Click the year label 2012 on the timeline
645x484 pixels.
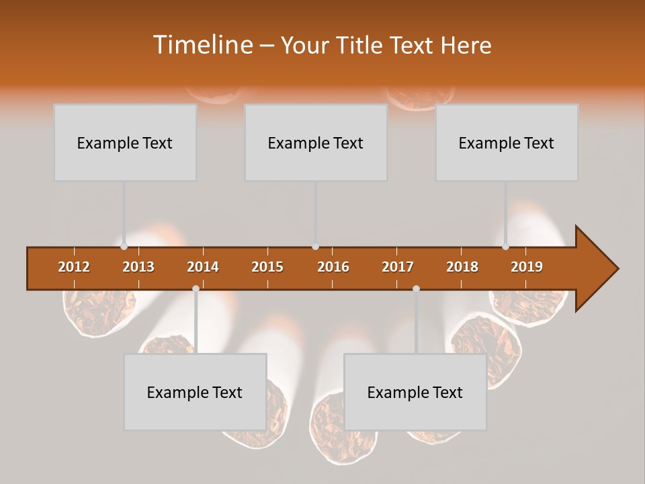(x=74, y=267)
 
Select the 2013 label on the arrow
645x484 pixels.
(x=138, y=267)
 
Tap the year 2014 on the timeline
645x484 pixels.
(x=203, y=267)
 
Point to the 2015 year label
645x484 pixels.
(x=267, y=267)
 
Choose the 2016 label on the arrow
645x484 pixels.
(x=333, y=267)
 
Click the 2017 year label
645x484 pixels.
(x=398, y=267)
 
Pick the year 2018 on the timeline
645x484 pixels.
(x=462, y=267)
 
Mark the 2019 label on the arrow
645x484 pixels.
(x=527, y=267)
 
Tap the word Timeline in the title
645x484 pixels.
(x=201, y=45)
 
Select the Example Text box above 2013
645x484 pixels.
(x=125, y=143)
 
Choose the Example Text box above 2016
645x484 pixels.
(x=316, y=143)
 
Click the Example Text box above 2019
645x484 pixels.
(x=507, y=143)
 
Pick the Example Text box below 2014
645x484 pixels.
(x=195, y=392)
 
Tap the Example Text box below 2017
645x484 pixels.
(x=415, y=392)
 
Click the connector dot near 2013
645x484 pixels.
(x=124, y=247)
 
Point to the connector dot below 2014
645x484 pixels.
(x=196, y=288)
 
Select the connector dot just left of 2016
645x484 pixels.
(x=315, y=247)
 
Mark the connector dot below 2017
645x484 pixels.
(x=416, y=288)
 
